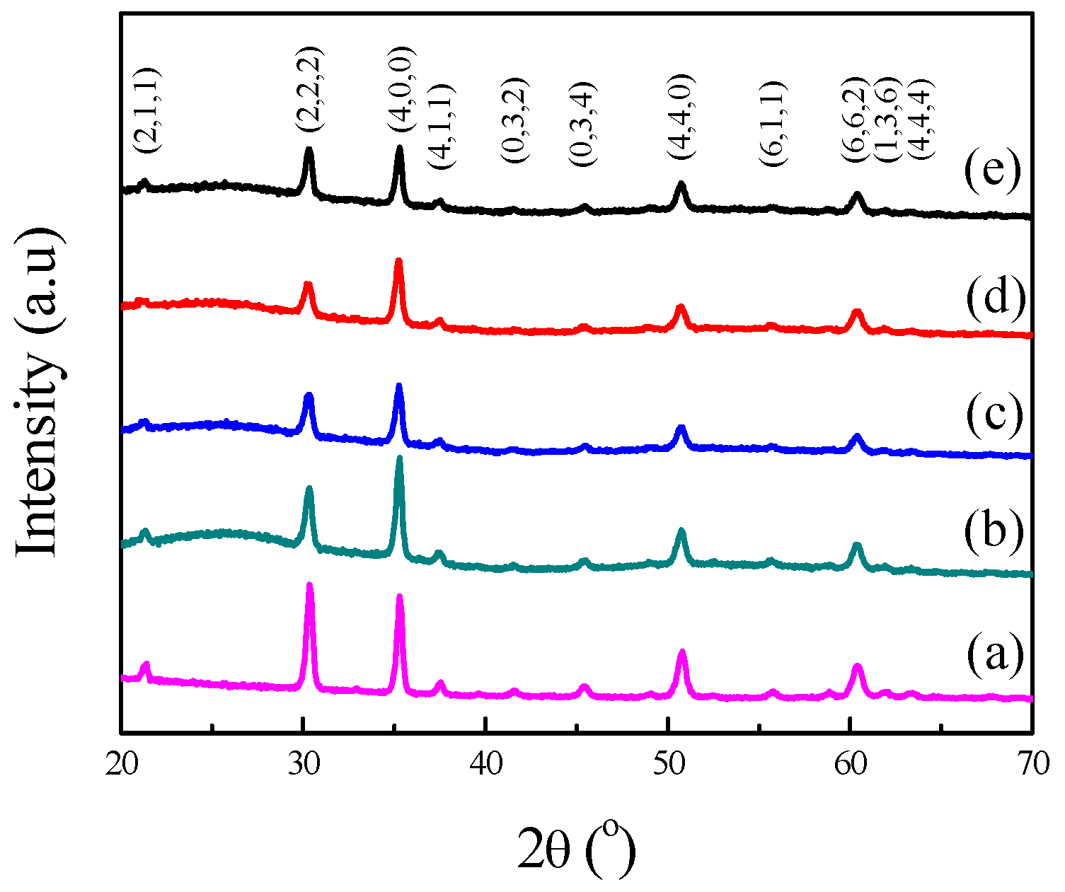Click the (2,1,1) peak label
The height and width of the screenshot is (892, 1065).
[x=150, y=111]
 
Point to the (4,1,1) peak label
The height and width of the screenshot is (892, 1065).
[x=441, y=126]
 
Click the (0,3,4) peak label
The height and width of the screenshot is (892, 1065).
[x=584, y=124]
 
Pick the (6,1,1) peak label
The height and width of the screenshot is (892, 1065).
[x=773, y=124]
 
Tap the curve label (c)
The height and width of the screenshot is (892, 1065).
[x=994, y=415]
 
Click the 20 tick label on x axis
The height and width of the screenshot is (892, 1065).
[x=122, y=765]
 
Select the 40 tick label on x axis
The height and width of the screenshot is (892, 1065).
[x=485, y=765]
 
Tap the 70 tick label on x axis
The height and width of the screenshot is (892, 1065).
[x=1032, y=765]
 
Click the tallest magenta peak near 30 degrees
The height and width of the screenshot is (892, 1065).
[x=309, y=586]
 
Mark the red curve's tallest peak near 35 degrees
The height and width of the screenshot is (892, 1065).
[x=398, y=262]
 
